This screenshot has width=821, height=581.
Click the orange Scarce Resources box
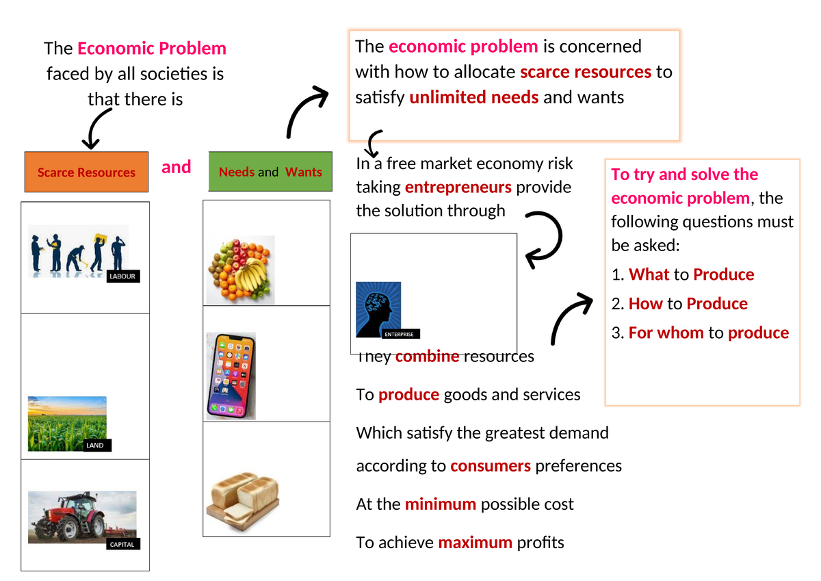[86, 172]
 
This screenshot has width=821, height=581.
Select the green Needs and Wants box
[270, 172]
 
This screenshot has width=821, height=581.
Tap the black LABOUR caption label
[123, 276]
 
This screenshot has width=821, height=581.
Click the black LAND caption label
[95, 446]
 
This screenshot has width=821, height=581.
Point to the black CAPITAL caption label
[122, 545]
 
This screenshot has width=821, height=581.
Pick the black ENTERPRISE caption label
[398, 334]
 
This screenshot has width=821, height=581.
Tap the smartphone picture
[231, 376]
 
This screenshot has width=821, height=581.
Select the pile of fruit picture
[241, 270]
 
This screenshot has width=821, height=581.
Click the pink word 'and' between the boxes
[177, 167]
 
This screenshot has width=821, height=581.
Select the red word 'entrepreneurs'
[458, 188]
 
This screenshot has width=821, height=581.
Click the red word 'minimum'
[441, 504]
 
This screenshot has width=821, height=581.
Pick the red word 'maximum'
[475, 543]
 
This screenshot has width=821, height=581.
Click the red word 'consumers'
[491, 466]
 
